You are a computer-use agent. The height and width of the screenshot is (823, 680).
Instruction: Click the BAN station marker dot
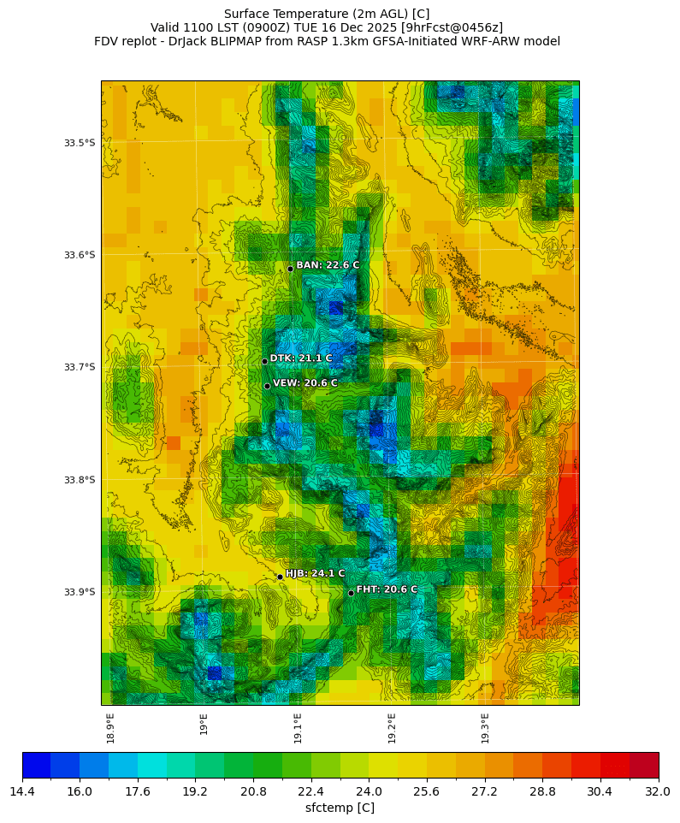[x=290, y=269]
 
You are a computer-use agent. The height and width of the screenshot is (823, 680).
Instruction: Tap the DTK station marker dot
[x=264, y=361]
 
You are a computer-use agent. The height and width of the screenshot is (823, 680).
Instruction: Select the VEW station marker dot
[x=267, y=386]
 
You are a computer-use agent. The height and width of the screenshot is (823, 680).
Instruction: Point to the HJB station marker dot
[x=280, y=577]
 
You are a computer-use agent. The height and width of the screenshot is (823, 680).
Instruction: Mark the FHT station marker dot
[x=351, y=593]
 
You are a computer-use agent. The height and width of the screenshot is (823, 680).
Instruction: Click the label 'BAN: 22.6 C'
[x=328, y=265]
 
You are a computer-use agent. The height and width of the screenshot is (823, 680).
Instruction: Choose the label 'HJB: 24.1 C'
[x=315, y=573]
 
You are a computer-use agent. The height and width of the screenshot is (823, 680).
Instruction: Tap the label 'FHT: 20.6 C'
[x=387, y=589]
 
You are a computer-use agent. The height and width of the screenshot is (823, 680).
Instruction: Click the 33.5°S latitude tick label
[x=80, y=143]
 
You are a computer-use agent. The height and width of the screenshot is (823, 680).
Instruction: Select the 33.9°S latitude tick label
[x=80, y=592]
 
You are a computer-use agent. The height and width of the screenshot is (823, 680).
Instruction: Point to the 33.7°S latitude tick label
[x=80, y=367]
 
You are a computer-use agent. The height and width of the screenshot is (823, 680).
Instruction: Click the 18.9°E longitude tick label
[x=111, y=727]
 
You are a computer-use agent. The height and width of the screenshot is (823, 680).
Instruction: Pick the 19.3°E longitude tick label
[x=485, y=727]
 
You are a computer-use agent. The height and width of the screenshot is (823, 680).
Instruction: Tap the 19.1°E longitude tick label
[x=298, y=727]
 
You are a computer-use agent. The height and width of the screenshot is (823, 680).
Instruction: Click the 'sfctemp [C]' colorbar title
[x=340, y=808]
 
